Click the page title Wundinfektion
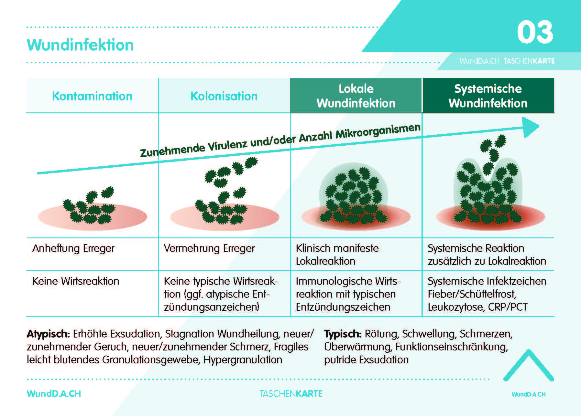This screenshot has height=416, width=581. [x=80, y=45]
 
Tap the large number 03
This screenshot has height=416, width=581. [x=535, y=32]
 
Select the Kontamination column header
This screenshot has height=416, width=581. [x=92, y=96]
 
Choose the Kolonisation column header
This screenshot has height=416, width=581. [x=224, y=96]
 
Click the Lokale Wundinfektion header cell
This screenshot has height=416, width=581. [x=356, y=96]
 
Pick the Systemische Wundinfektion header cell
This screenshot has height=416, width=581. [x=488, y=96]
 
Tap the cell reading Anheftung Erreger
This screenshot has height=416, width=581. [x=73, y=248]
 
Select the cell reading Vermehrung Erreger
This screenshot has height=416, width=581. [x=209, y=248]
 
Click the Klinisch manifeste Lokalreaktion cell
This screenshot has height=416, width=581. [x=337, y=255]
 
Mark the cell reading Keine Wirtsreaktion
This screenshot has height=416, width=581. [x=76, y=281]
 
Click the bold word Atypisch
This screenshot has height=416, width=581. [x=48, y=334]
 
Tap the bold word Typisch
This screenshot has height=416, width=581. [x=343, y=334]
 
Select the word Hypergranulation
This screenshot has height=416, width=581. [x=243, y=359]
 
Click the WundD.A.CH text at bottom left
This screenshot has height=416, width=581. [x=54, y=394]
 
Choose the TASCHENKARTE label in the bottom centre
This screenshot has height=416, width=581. [x=291, y=394]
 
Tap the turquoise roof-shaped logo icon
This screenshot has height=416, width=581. [x=529, y=366]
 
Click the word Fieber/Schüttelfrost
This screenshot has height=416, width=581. [x=472, y=294]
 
